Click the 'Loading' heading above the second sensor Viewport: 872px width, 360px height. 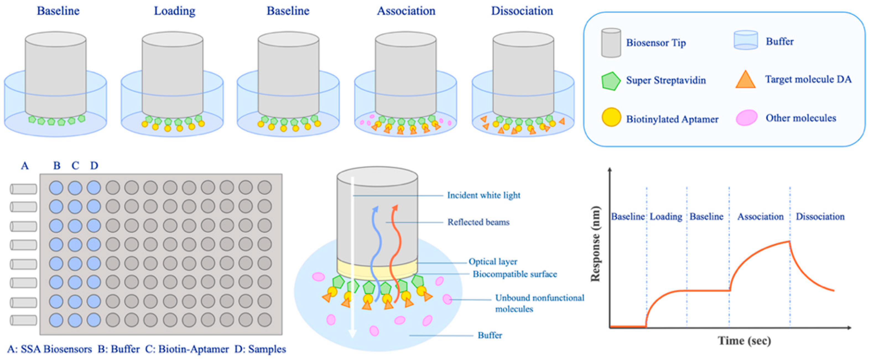coord(175,11)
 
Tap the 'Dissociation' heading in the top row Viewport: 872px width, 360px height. coord(522,11)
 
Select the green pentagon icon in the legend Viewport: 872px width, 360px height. coord(610,81)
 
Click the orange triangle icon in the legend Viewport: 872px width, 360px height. coord(745,80)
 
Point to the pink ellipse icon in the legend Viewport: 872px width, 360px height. coord(746,118)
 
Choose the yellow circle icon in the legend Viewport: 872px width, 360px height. coord(611,118)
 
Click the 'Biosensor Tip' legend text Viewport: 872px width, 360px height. coord(656,43)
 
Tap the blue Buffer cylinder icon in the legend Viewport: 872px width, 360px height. coord(745,40)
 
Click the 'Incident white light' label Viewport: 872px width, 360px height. coord(483,195)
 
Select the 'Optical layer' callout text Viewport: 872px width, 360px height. coord(493,261)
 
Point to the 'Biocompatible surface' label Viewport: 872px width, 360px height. coord(514,274)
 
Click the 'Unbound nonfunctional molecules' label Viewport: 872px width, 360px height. coord(539,303)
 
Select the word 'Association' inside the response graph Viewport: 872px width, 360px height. coord(760,216)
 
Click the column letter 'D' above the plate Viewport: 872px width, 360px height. coord(94,165)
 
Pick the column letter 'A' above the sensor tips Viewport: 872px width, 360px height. coord(25,165)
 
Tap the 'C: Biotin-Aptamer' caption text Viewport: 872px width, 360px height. coord(187,349)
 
